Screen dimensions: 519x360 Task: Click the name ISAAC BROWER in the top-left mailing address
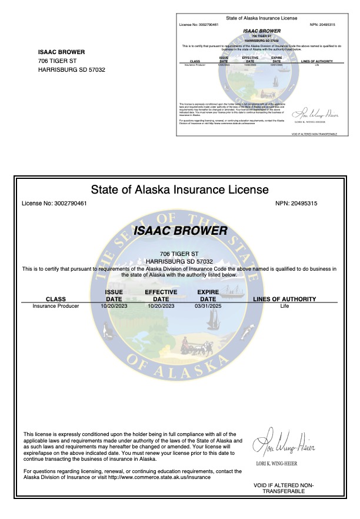click(61, 52)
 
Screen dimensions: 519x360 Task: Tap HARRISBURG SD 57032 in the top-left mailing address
click(71, 69)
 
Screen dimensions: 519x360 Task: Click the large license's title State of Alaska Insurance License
click(179, 189)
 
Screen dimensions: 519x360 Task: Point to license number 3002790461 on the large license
click(54, 204)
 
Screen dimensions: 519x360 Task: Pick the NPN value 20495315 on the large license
click(304, 204)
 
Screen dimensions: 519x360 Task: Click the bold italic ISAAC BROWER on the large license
click(179, 231)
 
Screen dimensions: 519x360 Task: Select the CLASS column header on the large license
click(56, 299)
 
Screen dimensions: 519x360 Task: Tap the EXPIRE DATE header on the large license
click(208, 295)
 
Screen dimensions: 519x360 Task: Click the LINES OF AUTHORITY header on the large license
click(284, 299)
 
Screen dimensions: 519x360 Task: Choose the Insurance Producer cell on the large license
click(56, 306)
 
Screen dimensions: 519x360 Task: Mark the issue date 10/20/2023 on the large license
click(114, 306)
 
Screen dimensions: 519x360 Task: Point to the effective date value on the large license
click(161, 306)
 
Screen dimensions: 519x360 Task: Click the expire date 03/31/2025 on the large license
click(208, 306)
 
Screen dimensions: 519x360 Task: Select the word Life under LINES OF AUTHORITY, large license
click(285, 306)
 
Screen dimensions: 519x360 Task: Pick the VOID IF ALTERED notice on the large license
click(284, 488)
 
